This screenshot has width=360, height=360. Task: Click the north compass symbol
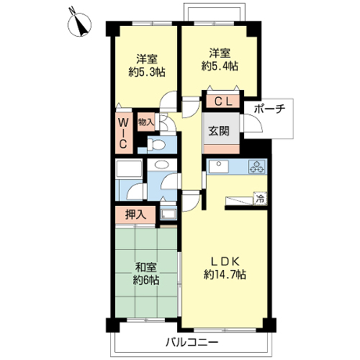click(79, 24)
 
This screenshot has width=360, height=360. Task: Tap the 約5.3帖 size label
click(147, 72)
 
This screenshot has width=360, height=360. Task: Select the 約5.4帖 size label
click(220, 66)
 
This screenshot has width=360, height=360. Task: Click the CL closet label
click(223, 102)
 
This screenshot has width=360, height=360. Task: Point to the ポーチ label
click(269, 109)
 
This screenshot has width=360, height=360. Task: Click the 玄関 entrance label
click(219, 131)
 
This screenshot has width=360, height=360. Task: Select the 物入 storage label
click(146, 122)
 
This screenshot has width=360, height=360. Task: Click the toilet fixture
click(156, 145)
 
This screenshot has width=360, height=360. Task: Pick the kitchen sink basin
click(218, 166)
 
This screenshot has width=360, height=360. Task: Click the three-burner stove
click(257, 166)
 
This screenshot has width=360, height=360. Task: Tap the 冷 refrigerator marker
click(260, 199)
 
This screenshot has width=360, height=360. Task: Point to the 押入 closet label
click(135, 215)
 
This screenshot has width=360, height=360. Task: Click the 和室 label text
click(146, 267)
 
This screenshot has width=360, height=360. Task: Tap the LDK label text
click(225, 261)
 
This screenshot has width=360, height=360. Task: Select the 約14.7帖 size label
click(225, 274)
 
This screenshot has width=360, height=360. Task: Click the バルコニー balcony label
click(192, 342)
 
